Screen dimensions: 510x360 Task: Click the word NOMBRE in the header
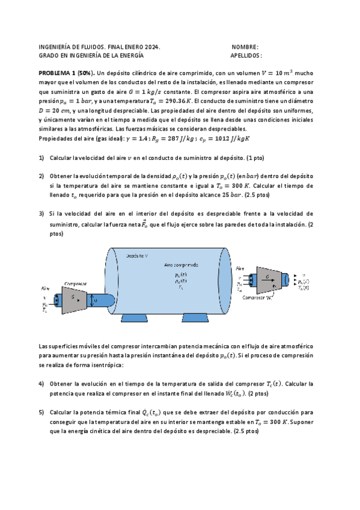pos(244,47)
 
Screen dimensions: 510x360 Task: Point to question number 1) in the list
pos(41,158)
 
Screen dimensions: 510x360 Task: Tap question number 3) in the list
pos(41,214)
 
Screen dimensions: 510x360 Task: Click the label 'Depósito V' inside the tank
pos(138,255)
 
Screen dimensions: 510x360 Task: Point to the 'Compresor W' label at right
pos(260,297)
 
